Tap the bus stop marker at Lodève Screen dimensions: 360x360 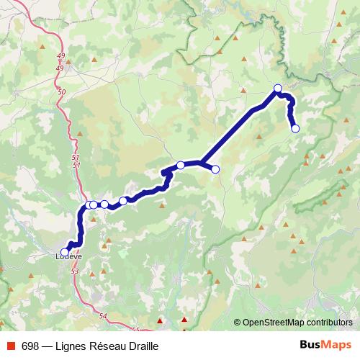[65, 252]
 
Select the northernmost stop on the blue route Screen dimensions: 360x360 [278, 89]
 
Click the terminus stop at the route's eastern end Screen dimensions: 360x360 [295, 129]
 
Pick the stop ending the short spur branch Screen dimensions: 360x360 [215, 169]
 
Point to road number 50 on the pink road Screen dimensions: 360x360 [61, 92]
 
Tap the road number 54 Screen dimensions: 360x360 [102, 316]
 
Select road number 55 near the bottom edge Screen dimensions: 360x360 [137, 330]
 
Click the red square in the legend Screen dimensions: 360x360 [9, 346]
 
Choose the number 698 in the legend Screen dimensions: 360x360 [30, 346]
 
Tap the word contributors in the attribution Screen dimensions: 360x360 [329, 323]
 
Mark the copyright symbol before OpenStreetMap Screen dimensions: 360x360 [238, 323]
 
